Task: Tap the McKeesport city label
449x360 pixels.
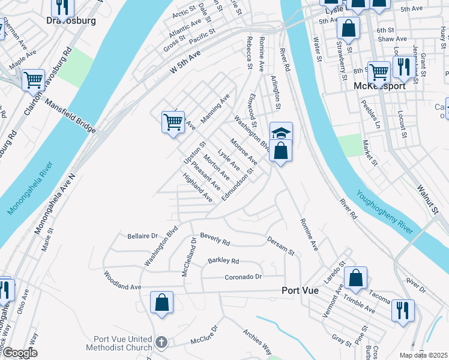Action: [x=381, y=86]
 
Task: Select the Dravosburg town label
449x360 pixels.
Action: [x=71, y=20]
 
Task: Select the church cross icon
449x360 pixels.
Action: [x=161, y=342]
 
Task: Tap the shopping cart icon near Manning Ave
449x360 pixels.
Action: [x=173, y=122]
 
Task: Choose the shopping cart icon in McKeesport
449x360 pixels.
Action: [x=379, y=71]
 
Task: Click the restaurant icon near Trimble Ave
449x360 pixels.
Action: [x=402, y=310]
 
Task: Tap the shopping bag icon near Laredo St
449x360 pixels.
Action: [x=355, y=277]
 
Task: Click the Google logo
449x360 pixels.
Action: [x=20, y=353]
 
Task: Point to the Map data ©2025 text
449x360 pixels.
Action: [x=423, y=355]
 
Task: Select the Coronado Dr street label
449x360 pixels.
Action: [x=244, y=277]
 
